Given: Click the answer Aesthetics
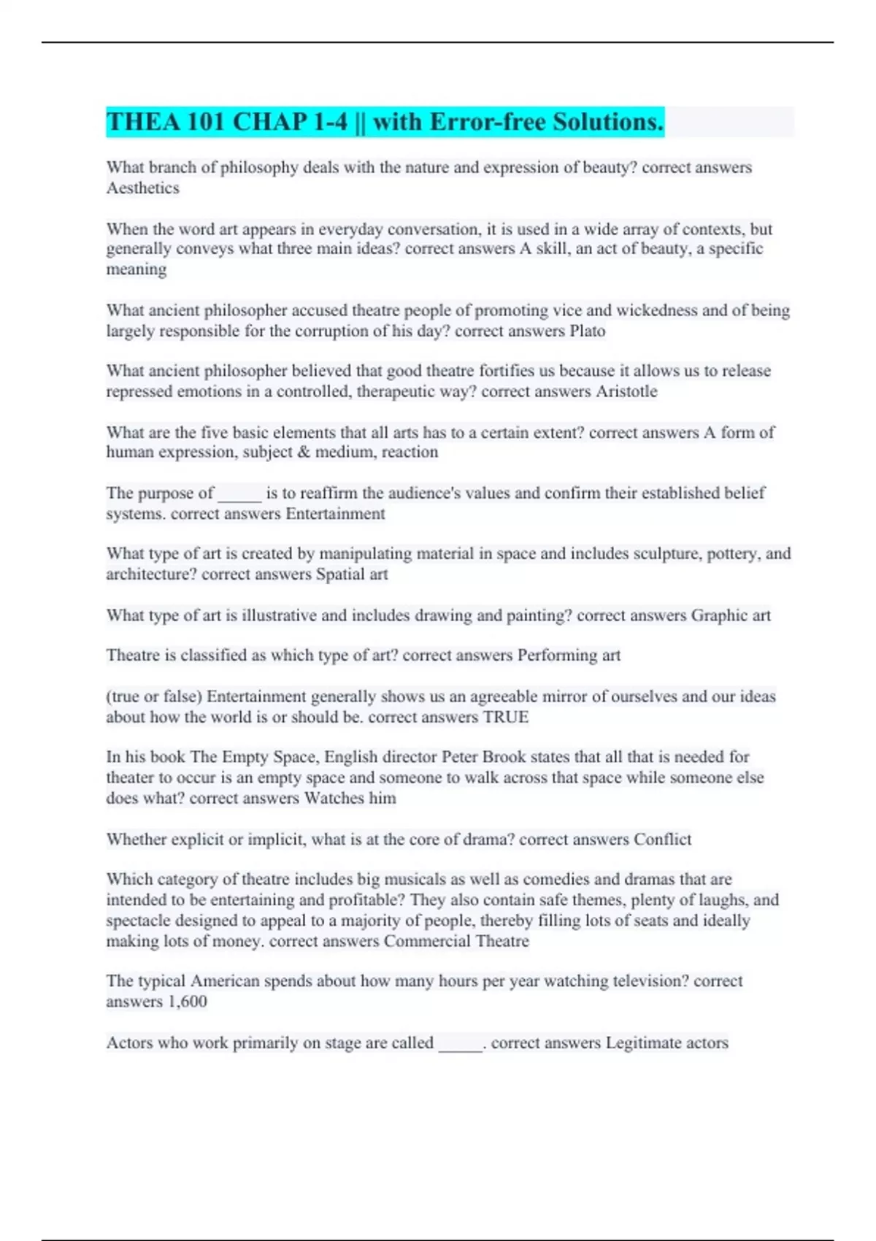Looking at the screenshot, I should pyautogui.click(x=142, y=188).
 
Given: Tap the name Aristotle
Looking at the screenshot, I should pyautogui.click(x=626, y=392).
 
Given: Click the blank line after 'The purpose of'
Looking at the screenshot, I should pyautogui.click(x=239, y=495).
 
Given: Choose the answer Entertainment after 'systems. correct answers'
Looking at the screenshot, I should pyautogui.click(x=335, y=514).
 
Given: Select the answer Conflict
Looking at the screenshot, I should pyautogui.click(x=662, y=839).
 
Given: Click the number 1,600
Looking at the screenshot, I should pyautogui.click(x=187, y=1002).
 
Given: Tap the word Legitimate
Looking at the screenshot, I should pyautogui.click(x=642, y=1043).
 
